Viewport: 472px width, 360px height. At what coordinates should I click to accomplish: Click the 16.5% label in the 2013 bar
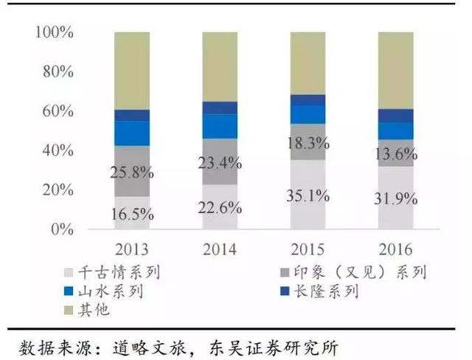tap(132, 215)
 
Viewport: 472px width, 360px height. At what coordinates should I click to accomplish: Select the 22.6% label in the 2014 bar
tap(220, 207)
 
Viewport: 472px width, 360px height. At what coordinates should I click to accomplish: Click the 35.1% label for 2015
tap(308, 197)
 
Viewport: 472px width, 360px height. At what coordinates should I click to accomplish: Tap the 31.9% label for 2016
tap(396, 199)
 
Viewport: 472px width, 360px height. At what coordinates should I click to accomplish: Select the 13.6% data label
tap(396, 155)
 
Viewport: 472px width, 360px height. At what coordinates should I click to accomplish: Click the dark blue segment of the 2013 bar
tap(132, 115)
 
